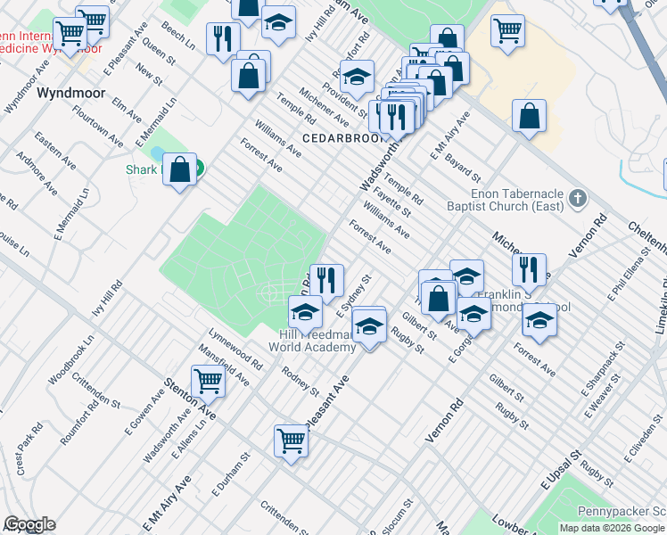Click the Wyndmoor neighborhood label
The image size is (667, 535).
70,93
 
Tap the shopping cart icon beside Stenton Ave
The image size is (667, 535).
208,382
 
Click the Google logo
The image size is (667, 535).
29,524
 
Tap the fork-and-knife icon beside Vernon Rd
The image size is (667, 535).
530,269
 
